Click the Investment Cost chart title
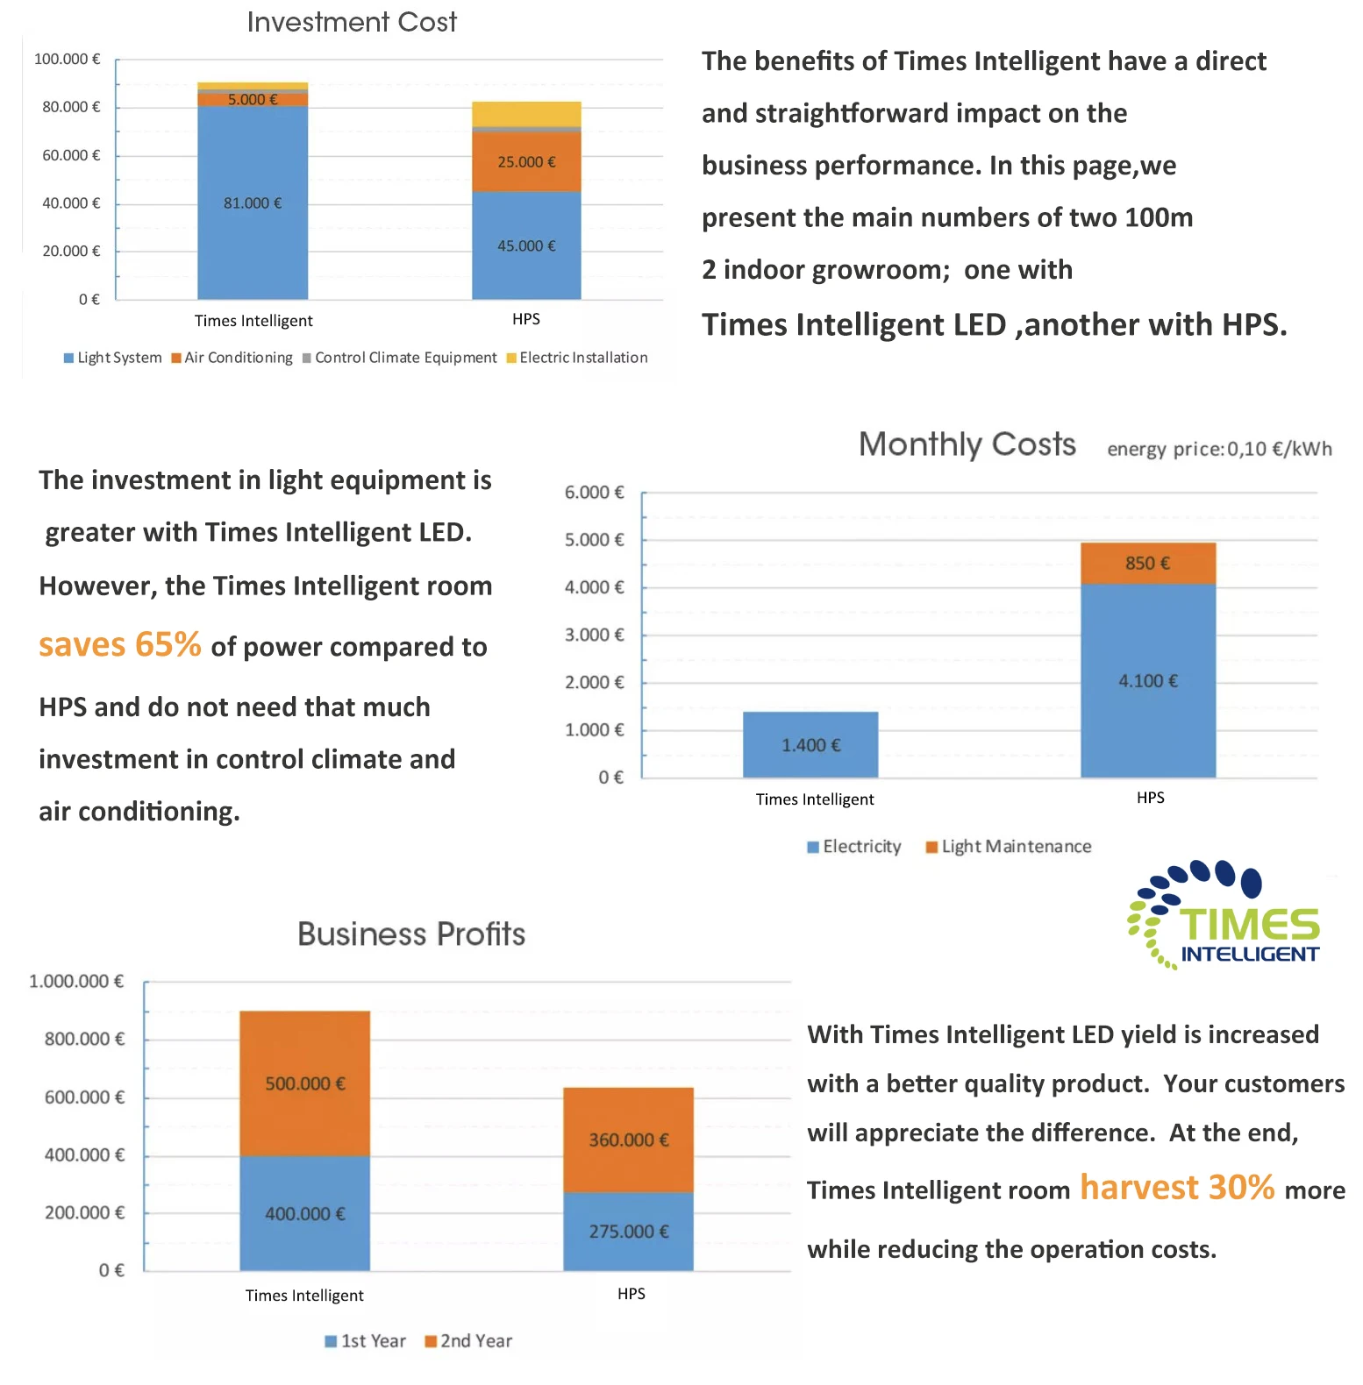[x=352, y=22]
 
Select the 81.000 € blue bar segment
[x=253, y=202]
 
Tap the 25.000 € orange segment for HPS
[x=526, y=162]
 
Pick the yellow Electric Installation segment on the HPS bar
[x=526, y=114]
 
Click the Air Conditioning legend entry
[x=232, y=358]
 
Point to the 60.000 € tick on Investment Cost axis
[x=72, y=155]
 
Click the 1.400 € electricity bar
[x=810, y=745]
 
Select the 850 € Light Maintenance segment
[x=1147, y=563]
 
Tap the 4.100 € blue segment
[x=1147, y=681]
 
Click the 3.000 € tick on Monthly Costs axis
[x=595, y=635]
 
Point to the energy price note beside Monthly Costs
[x=1219, y=449]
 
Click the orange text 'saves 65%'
[x=120, y=645]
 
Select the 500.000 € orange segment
[x=304, y=1083]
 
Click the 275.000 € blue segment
[x=628, y=1232]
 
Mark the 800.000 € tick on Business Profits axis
[x=84, y=1040]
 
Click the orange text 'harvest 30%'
[x=1176, y=1188]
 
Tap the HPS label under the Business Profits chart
[x=631, y=1294]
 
